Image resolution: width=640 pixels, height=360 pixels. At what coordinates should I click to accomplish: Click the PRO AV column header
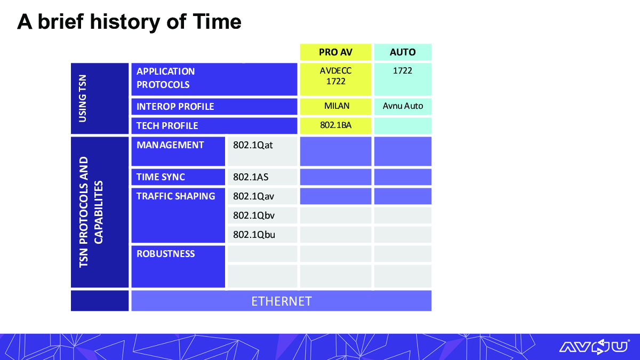click(335, 52)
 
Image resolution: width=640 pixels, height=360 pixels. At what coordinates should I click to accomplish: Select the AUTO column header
click(403, 52)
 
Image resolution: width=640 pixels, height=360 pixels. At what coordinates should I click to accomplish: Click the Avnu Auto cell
click(403, 106)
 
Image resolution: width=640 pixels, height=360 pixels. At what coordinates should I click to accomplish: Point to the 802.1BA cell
click(335, 125)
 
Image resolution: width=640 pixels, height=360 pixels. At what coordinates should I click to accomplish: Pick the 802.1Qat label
click(253, 145)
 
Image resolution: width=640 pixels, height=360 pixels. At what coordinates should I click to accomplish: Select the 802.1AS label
click(251, 177)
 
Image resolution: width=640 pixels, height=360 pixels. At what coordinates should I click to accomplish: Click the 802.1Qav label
click(253, 196)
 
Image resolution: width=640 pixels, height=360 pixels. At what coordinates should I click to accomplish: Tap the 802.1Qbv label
click(254, 215)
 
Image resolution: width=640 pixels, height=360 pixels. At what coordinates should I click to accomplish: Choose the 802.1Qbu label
click(254, 235)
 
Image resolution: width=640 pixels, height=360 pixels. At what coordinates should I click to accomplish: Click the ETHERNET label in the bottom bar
click(282, 301)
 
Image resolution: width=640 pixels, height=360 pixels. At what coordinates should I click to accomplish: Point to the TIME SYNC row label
click(161, 177)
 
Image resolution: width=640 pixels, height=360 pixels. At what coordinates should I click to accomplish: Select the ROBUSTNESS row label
click(166, 254)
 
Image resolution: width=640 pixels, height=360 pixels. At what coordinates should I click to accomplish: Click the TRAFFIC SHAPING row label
click(175, 196)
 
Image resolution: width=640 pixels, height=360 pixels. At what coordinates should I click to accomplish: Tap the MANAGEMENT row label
click(170, 145)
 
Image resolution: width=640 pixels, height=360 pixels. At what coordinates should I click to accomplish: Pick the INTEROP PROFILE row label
click(175, 107)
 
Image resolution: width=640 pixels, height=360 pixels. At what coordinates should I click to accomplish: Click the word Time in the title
click(217, 22)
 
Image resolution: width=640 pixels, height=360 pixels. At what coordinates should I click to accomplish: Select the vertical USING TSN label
click(82, 99)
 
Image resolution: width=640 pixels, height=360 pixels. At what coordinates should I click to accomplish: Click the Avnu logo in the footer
click(594, 347)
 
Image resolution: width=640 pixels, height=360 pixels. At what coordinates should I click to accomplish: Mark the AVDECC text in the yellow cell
click(335, 70)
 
